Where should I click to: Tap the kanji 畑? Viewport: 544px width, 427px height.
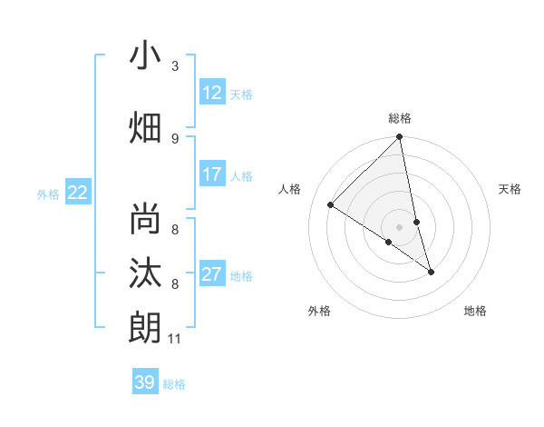point(145,127)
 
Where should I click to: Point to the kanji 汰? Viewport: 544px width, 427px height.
point(145,274)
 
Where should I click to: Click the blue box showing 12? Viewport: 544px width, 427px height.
point(212,93)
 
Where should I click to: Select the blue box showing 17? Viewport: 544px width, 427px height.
point(212,174)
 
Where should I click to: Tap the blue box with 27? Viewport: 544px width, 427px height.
point(212,274)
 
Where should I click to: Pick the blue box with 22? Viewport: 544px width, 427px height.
point(78,192)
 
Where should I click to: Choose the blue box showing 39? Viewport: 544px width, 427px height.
point(145,382)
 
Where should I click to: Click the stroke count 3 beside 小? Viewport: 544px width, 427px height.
point(175,66)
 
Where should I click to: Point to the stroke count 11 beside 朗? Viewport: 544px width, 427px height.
point(175,339)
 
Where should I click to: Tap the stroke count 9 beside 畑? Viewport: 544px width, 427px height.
point(175,138)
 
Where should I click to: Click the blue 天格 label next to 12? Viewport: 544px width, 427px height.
point(241,94)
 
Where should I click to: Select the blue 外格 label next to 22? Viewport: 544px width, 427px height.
point(48,194)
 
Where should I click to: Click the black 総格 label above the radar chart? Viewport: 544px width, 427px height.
point(400,118)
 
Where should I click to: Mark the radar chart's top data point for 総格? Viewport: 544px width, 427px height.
point(400,138)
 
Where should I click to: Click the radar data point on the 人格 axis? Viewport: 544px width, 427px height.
point(331,205)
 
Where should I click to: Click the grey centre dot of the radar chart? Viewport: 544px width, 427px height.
point(400,226)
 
